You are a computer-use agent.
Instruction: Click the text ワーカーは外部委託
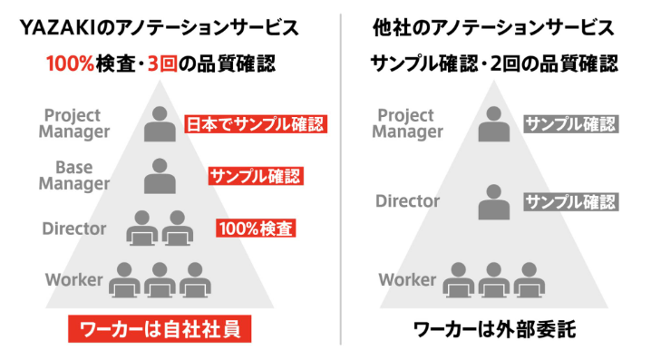point(494,328)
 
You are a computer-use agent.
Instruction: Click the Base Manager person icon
point(160,175)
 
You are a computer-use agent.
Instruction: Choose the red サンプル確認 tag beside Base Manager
point(255,176)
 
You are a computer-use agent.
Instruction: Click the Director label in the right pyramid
point(407,201)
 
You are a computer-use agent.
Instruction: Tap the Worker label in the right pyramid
point(407,279)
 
